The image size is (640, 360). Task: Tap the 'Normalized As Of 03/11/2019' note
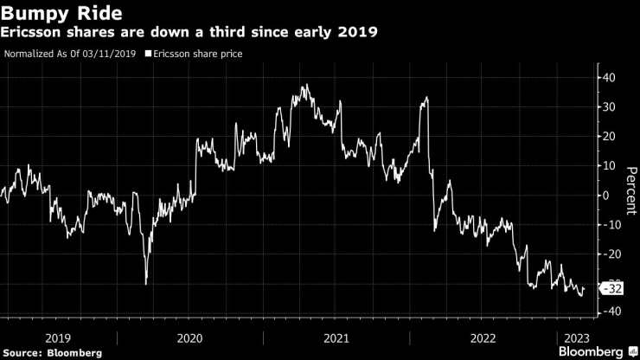pyautogui.click(x=71, y=54)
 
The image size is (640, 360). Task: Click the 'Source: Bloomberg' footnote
pyautogui.click(x=52, y=352)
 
